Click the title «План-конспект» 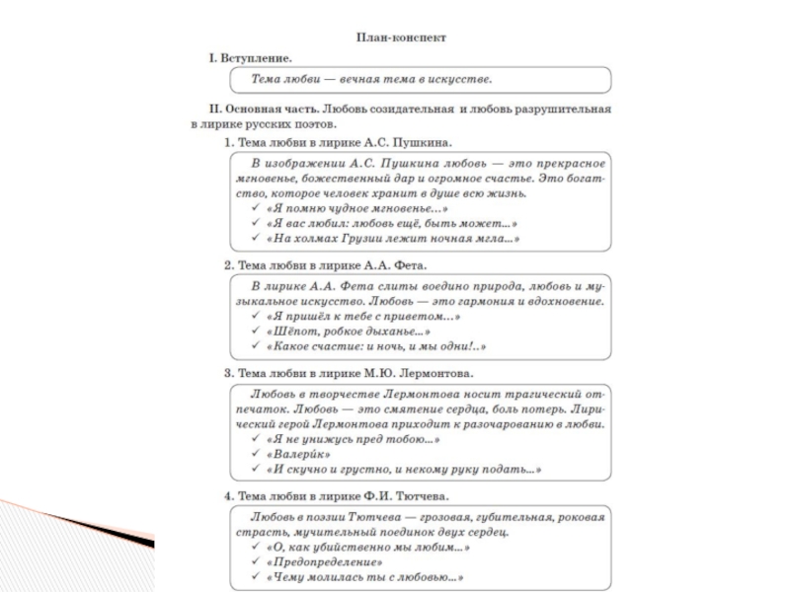click(401, 37)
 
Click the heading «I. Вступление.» click(249, 58)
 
